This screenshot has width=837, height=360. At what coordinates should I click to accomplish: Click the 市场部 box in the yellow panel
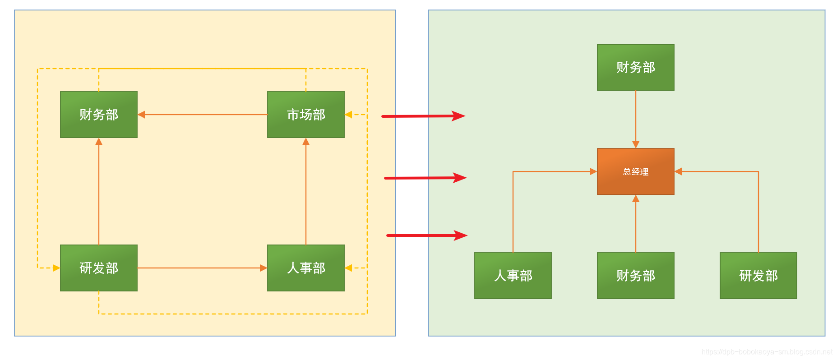pyautogui.click(x=305, y=115)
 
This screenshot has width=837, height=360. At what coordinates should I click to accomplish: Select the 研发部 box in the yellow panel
pyautogui.click(x=98, y=268)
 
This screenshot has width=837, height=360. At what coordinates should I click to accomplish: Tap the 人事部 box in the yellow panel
pyautogui.click(x=305, y=268)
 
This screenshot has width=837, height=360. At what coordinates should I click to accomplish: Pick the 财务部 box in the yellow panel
pyautogui.click(x=98, y=115)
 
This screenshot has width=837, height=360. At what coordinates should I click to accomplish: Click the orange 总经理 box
pyautogui.click(x=635, y=171)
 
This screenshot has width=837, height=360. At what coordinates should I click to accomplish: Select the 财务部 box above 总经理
pyautogui.click(x=635, y=67)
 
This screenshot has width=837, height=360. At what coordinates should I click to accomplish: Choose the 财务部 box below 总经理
pyautogui.click(x=635, y=276)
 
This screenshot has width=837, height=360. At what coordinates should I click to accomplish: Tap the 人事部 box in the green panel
pyautogui.click(x=513, y=276)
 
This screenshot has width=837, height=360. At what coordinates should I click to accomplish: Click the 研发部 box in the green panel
pyautogui.click(x=758, y=276)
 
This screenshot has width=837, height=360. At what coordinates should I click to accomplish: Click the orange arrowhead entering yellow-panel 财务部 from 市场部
pyautogui.click(x=141, y=115)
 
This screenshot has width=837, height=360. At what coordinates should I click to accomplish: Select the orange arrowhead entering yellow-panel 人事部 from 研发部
pyautogui.click(x=264, y=268)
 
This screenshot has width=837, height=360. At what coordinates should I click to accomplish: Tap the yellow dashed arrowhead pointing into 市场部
pyautogui.click(x=348, y=115)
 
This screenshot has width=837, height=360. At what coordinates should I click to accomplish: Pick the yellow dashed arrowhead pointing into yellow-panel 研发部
pyautogui.click(x=56, y=268)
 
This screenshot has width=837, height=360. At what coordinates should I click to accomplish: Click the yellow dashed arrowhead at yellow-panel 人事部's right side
pyautogui.click(x=348, y=268)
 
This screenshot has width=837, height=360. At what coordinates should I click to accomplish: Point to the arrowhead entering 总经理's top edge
pyautogui.click(x=635, y=145)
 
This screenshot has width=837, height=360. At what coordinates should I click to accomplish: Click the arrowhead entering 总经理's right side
pyautogui.click(x=678, y=171)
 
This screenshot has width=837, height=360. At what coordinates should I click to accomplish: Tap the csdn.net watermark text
pyautogui.click(x=767, y=352)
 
